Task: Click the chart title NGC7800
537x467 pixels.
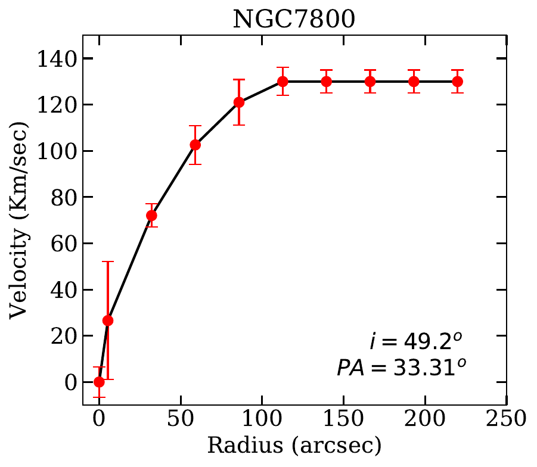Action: click(x=294, y=19)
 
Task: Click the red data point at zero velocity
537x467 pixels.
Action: click(x=99, y=382)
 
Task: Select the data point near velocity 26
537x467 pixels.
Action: click(x=108, y=320)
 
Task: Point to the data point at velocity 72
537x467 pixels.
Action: click(x=151, y=216)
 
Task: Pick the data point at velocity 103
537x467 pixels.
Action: click(x=195, y=145)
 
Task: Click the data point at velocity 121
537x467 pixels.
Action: click(x=239, y=102)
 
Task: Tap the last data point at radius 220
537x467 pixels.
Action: click(x=457, y=82)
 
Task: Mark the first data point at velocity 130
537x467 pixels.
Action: click(x=283, y=82)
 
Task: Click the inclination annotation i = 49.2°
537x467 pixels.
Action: click(x=415, y=341)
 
